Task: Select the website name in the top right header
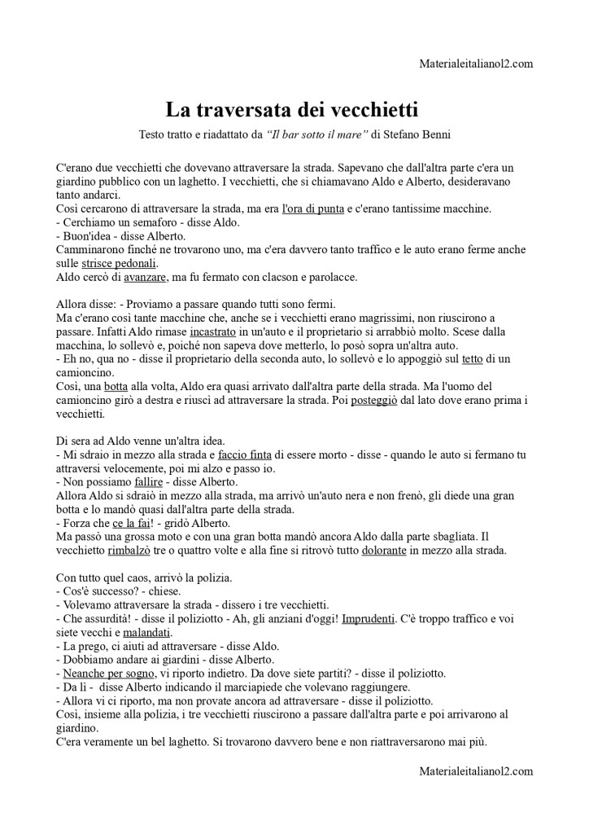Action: click(x=477, y=64)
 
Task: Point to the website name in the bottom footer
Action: click(x=477, y=770)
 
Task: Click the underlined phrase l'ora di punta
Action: click(x=312, y=209)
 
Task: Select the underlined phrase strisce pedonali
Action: click(x=120, y=264)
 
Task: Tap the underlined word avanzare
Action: click(x=146, y=278)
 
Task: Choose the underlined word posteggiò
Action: click(x=373, y=401)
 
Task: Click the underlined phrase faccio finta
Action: click(x=245, y=455)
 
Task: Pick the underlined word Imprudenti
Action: click(x=369, y=619)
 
